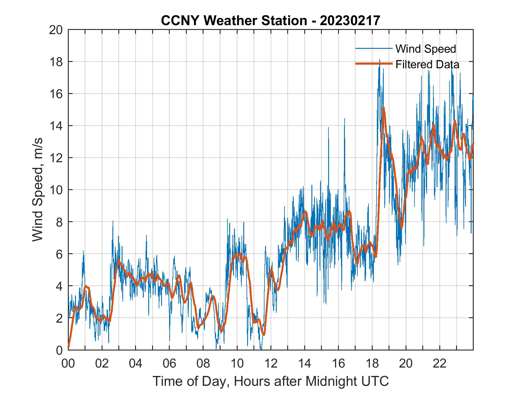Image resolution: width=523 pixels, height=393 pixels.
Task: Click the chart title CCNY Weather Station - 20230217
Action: [270, 21]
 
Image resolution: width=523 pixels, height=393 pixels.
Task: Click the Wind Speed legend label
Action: [426, 49]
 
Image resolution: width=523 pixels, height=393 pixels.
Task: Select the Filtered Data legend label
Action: [427, 64]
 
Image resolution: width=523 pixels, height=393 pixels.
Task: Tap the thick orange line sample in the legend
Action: [374, 64]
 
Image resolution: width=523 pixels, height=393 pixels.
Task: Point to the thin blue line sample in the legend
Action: [374, 48]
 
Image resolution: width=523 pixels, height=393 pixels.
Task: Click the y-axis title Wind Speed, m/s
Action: [38, 190]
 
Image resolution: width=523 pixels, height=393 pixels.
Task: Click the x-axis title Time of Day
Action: [270, 381]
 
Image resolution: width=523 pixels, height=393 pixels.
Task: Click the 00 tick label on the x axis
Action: [68, 363]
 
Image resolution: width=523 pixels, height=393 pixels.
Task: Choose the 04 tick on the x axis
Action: [136, 363]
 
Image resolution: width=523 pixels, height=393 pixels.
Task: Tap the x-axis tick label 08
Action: [203, 363]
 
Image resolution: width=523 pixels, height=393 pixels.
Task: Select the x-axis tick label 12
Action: [271, 363]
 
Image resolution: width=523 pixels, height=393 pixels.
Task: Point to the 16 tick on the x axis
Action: [338, 363]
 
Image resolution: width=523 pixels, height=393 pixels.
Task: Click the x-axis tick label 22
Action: [440, 363]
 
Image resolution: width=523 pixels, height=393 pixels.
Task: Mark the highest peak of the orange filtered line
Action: [383, 108]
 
